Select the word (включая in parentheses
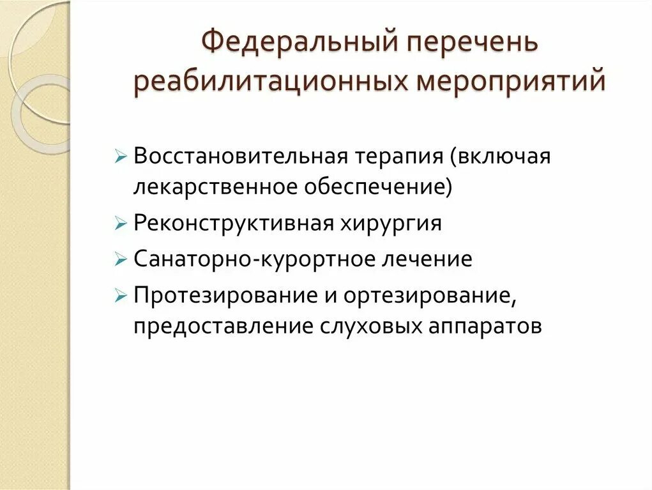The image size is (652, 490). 500,157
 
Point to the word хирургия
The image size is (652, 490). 391,224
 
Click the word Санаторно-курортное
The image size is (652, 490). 248,259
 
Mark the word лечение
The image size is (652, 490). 423,259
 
